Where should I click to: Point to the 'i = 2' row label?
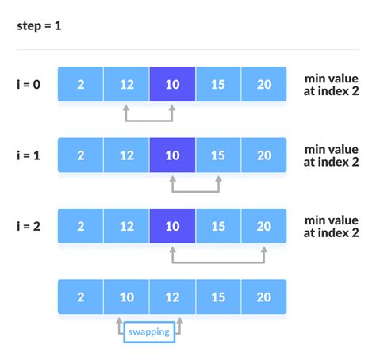(29, 226)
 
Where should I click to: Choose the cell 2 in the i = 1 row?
(80, 155)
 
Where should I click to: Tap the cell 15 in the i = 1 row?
(218, 155)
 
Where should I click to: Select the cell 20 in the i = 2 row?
(264, 226)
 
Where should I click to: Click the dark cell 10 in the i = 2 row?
(172, 226)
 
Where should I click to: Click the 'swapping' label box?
(149, 332)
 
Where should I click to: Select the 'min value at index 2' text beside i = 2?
(331, 226)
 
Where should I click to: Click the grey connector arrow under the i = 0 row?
(149, 121)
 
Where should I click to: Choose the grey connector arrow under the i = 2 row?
(218, 262)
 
